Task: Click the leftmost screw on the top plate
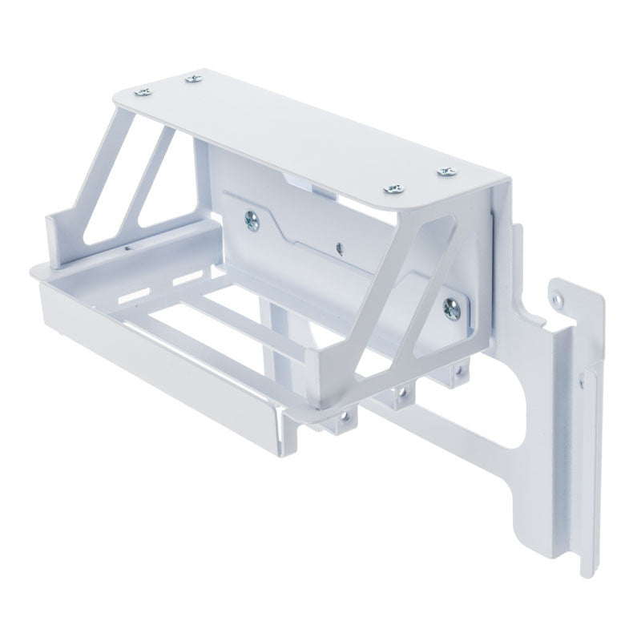pos(143,92)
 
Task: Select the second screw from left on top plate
pos(191,78)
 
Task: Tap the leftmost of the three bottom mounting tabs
pos(345,417)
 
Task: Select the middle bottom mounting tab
pos(398,395)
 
